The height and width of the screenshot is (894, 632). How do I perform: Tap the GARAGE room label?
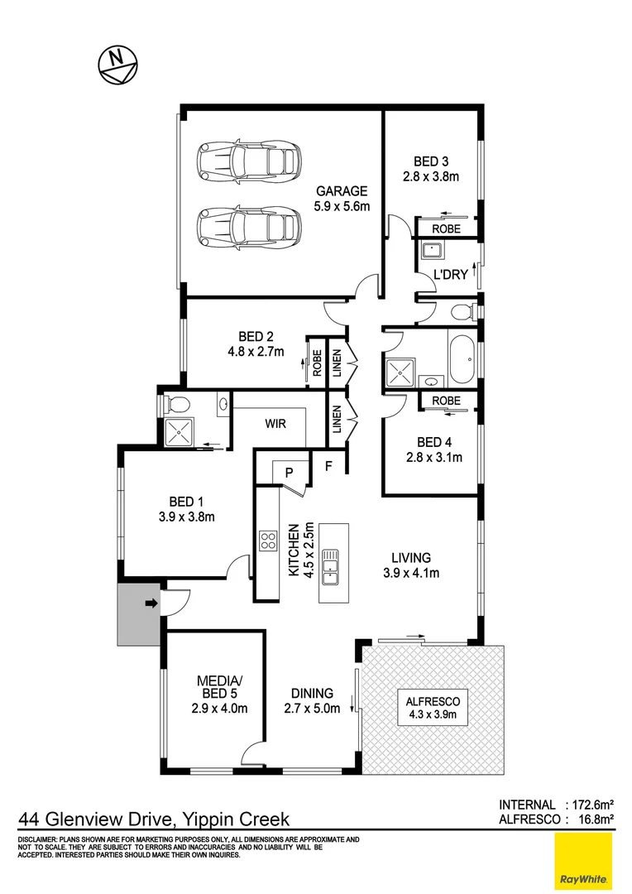(340, 191)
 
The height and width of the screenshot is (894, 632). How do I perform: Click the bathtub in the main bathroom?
(462, 357)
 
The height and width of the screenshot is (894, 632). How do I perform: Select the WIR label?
(275, 423)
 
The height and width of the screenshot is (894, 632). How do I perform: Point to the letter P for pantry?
(290, 472)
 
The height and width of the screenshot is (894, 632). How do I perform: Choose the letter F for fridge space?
(328, 466)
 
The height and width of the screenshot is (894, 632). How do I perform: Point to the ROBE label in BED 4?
(446, 401)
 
